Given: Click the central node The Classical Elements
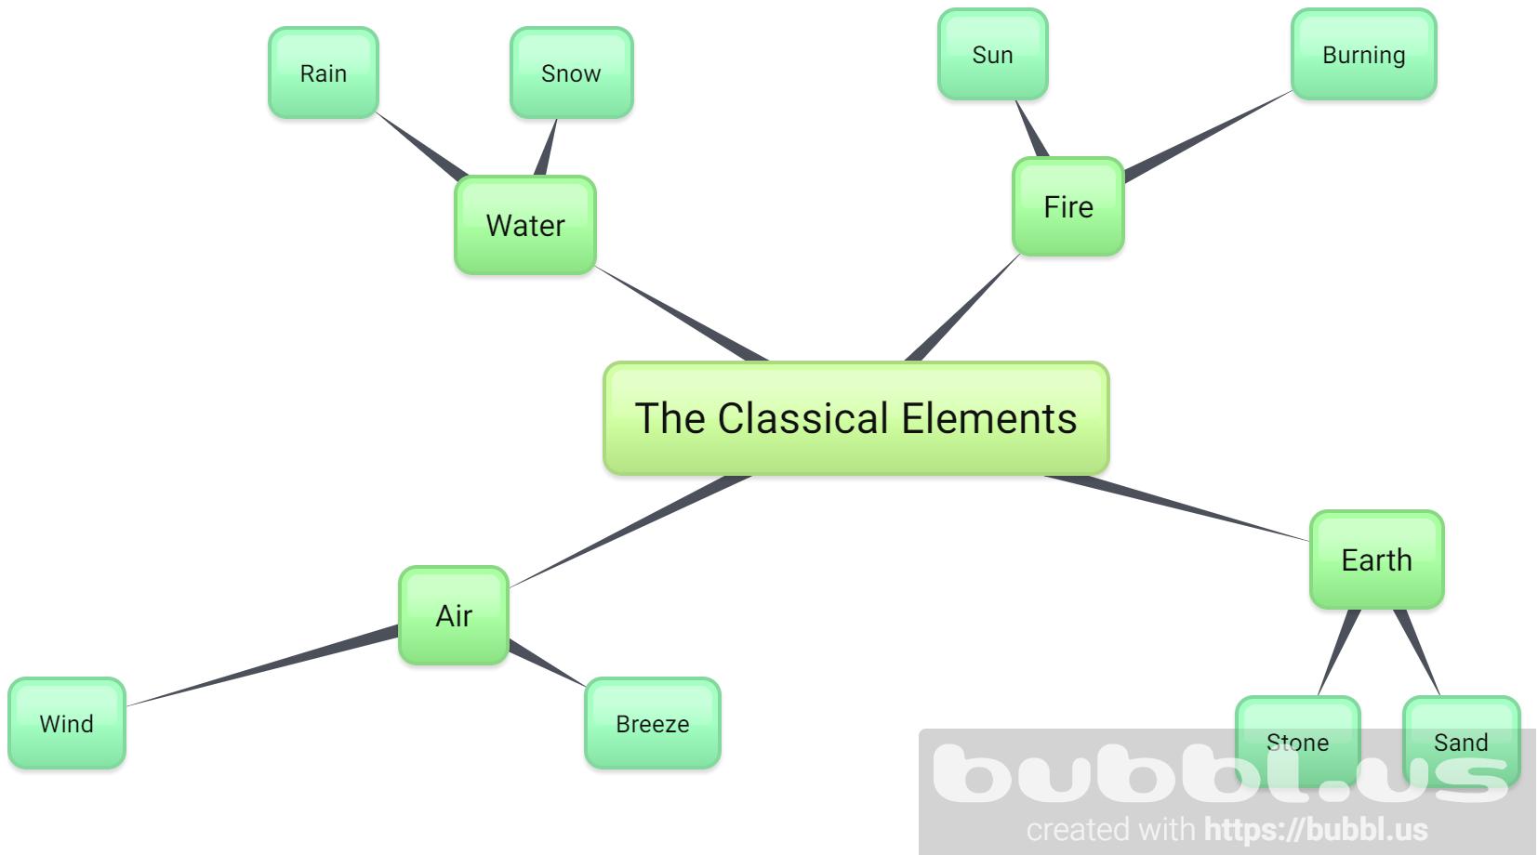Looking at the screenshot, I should pos(855,418).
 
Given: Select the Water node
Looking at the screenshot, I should pos(524,225).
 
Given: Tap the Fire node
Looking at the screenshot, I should pos(1067,206).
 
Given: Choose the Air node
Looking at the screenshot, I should pos(454,615).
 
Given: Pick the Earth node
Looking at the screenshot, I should pos(1376,559).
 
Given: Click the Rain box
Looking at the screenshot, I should pos(323,72).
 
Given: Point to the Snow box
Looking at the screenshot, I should pos(571,72).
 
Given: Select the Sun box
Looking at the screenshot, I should pos(992,54).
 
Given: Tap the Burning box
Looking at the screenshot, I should pos(1363,54).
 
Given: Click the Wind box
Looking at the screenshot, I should pos(66,723).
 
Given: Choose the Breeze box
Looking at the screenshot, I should pos(652,723).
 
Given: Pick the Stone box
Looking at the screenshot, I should pos(1297,741).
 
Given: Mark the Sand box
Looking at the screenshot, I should pos(1460,741).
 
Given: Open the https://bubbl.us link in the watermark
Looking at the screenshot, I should pos(1316,829).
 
